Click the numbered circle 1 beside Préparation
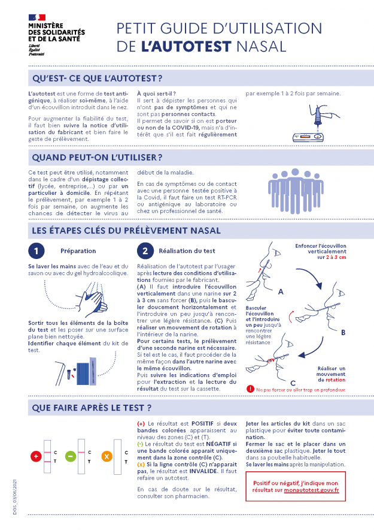tap(37, 251)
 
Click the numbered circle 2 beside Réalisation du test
tap(145, 251)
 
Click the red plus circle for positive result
tap(36, 457)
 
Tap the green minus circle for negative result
tap(70, 457)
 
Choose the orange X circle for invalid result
tap(107, 457)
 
